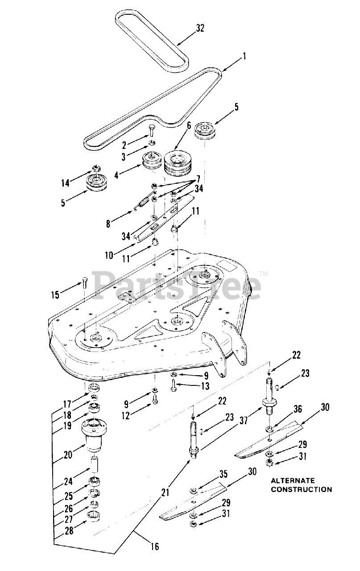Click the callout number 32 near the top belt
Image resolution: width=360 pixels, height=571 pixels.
coord(200,28)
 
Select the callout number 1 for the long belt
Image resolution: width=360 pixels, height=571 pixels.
coord(244,57)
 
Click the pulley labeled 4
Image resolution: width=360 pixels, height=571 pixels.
coord(151,162)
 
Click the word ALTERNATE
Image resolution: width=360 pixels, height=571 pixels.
coord(293,481)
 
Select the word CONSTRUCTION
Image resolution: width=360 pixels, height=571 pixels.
coord(302,489)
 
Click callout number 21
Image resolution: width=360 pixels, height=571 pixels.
coord(166,492)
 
